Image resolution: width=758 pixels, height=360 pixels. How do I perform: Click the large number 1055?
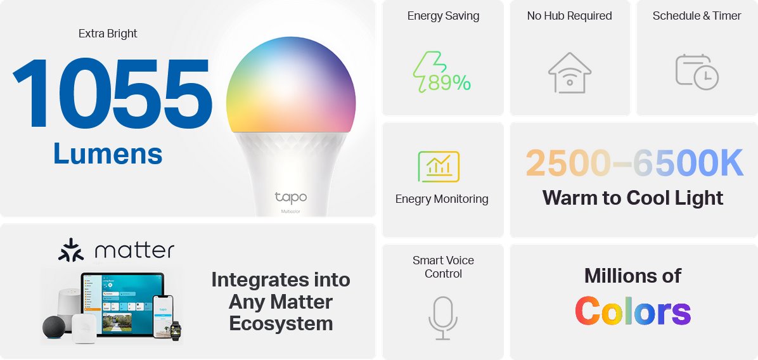click(x=112, y=93)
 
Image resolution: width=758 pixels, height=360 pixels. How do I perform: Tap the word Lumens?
click(x=108, y=153)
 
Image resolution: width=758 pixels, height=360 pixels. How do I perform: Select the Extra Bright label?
click(x=108, y=34)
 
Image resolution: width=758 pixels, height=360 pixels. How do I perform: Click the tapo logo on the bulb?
click(x=291, y=198)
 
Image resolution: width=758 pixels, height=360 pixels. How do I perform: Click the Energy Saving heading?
click(x=443, y=16)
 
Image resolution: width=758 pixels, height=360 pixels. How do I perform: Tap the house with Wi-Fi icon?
click(x=570, y=72)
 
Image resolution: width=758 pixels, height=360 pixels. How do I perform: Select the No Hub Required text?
click(x=570, y=16)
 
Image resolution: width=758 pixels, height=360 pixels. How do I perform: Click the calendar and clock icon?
click(x=697, y=72)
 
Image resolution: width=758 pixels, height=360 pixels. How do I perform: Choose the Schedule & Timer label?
click(x=697, y=16)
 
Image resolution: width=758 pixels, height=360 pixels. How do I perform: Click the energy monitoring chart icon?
click(x=439, y=167)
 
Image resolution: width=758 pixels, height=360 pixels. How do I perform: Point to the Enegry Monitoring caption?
click(x=442, y=199)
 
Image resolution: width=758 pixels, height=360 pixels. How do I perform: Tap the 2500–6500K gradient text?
click(x=634, y=164)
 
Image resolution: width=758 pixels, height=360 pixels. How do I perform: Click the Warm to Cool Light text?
click(x=633, y=198)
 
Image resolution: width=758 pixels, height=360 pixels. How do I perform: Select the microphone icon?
click(x=443, y=318)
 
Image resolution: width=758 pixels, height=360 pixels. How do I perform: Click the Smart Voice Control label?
click(x=443, y=267)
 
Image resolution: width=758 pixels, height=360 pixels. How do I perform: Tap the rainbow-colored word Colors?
click(x=633, y=312)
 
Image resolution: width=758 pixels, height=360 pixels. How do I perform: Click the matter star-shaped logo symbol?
click(x=70, y=250)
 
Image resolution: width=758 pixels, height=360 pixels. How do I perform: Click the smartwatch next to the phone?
click(x=176, y=330)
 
